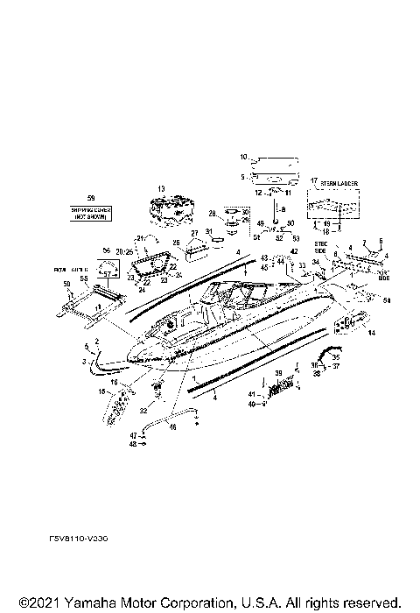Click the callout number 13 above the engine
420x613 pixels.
coord(161,189)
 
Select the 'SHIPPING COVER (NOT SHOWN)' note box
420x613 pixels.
coord(92,215)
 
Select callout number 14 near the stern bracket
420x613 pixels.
coord(370,334)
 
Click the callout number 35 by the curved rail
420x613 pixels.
coord(336,358)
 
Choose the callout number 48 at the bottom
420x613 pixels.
coord(133,444)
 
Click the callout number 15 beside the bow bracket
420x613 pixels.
coord(102,391)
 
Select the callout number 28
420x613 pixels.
coord(212,213)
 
